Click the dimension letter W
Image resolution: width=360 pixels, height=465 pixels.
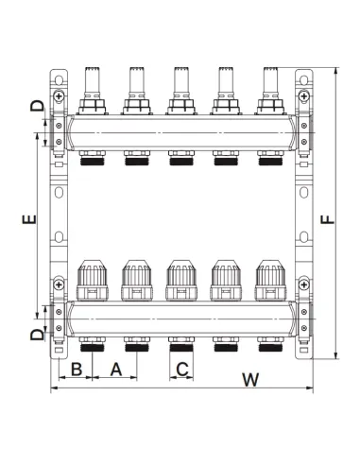[x=250, y=379]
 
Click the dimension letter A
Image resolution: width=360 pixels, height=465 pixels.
[x=116, y=370]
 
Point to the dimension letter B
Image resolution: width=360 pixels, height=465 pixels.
[x=77, y=370]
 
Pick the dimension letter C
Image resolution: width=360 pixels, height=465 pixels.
[x=182, y=370]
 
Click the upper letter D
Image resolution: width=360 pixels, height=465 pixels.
[x=37, y=106]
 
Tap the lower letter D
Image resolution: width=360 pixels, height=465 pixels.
[x=37, y=335]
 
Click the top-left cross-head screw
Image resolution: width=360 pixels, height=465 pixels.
[x=59, y=95]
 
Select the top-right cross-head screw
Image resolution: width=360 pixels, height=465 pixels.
[x=303, y=95]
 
